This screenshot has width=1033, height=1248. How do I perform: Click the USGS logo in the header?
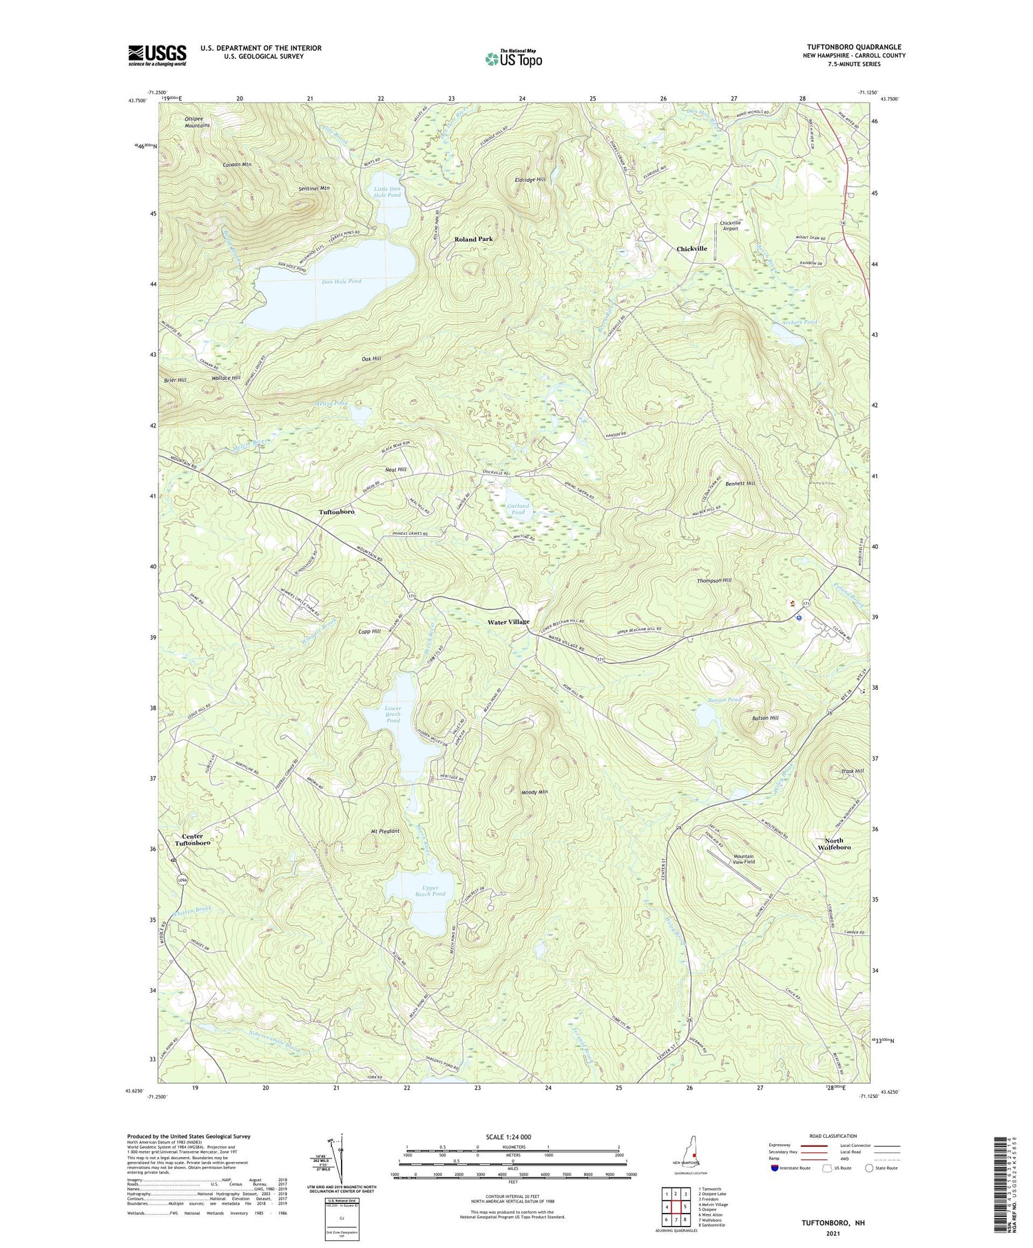(157, 55)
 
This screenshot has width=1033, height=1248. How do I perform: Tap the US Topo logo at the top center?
(513, 59)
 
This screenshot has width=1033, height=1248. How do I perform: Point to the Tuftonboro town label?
(336, 512)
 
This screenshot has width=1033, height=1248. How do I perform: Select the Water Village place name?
(508, 622)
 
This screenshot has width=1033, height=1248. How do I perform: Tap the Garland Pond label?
(518, 509)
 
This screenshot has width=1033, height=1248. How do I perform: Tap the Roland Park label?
(473, 239)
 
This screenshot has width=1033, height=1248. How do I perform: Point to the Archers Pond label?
(799, 322)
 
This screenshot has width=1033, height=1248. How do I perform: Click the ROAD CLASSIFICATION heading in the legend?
(833, 1136)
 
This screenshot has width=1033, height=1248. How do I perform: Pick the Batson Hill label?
(764, 718)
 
